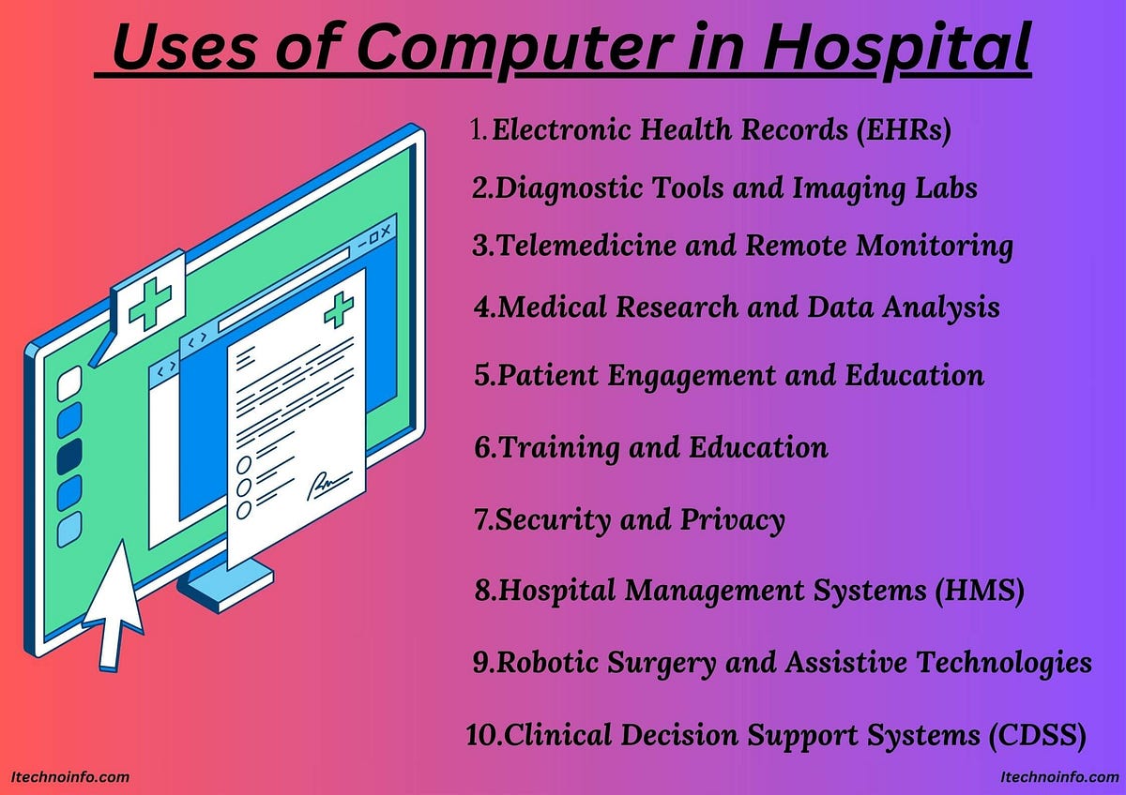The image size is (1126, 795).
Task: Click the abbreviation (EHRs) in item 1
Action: tap(902, 130)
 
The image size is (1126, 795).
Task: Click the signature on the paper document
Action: tap(323, 486)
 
